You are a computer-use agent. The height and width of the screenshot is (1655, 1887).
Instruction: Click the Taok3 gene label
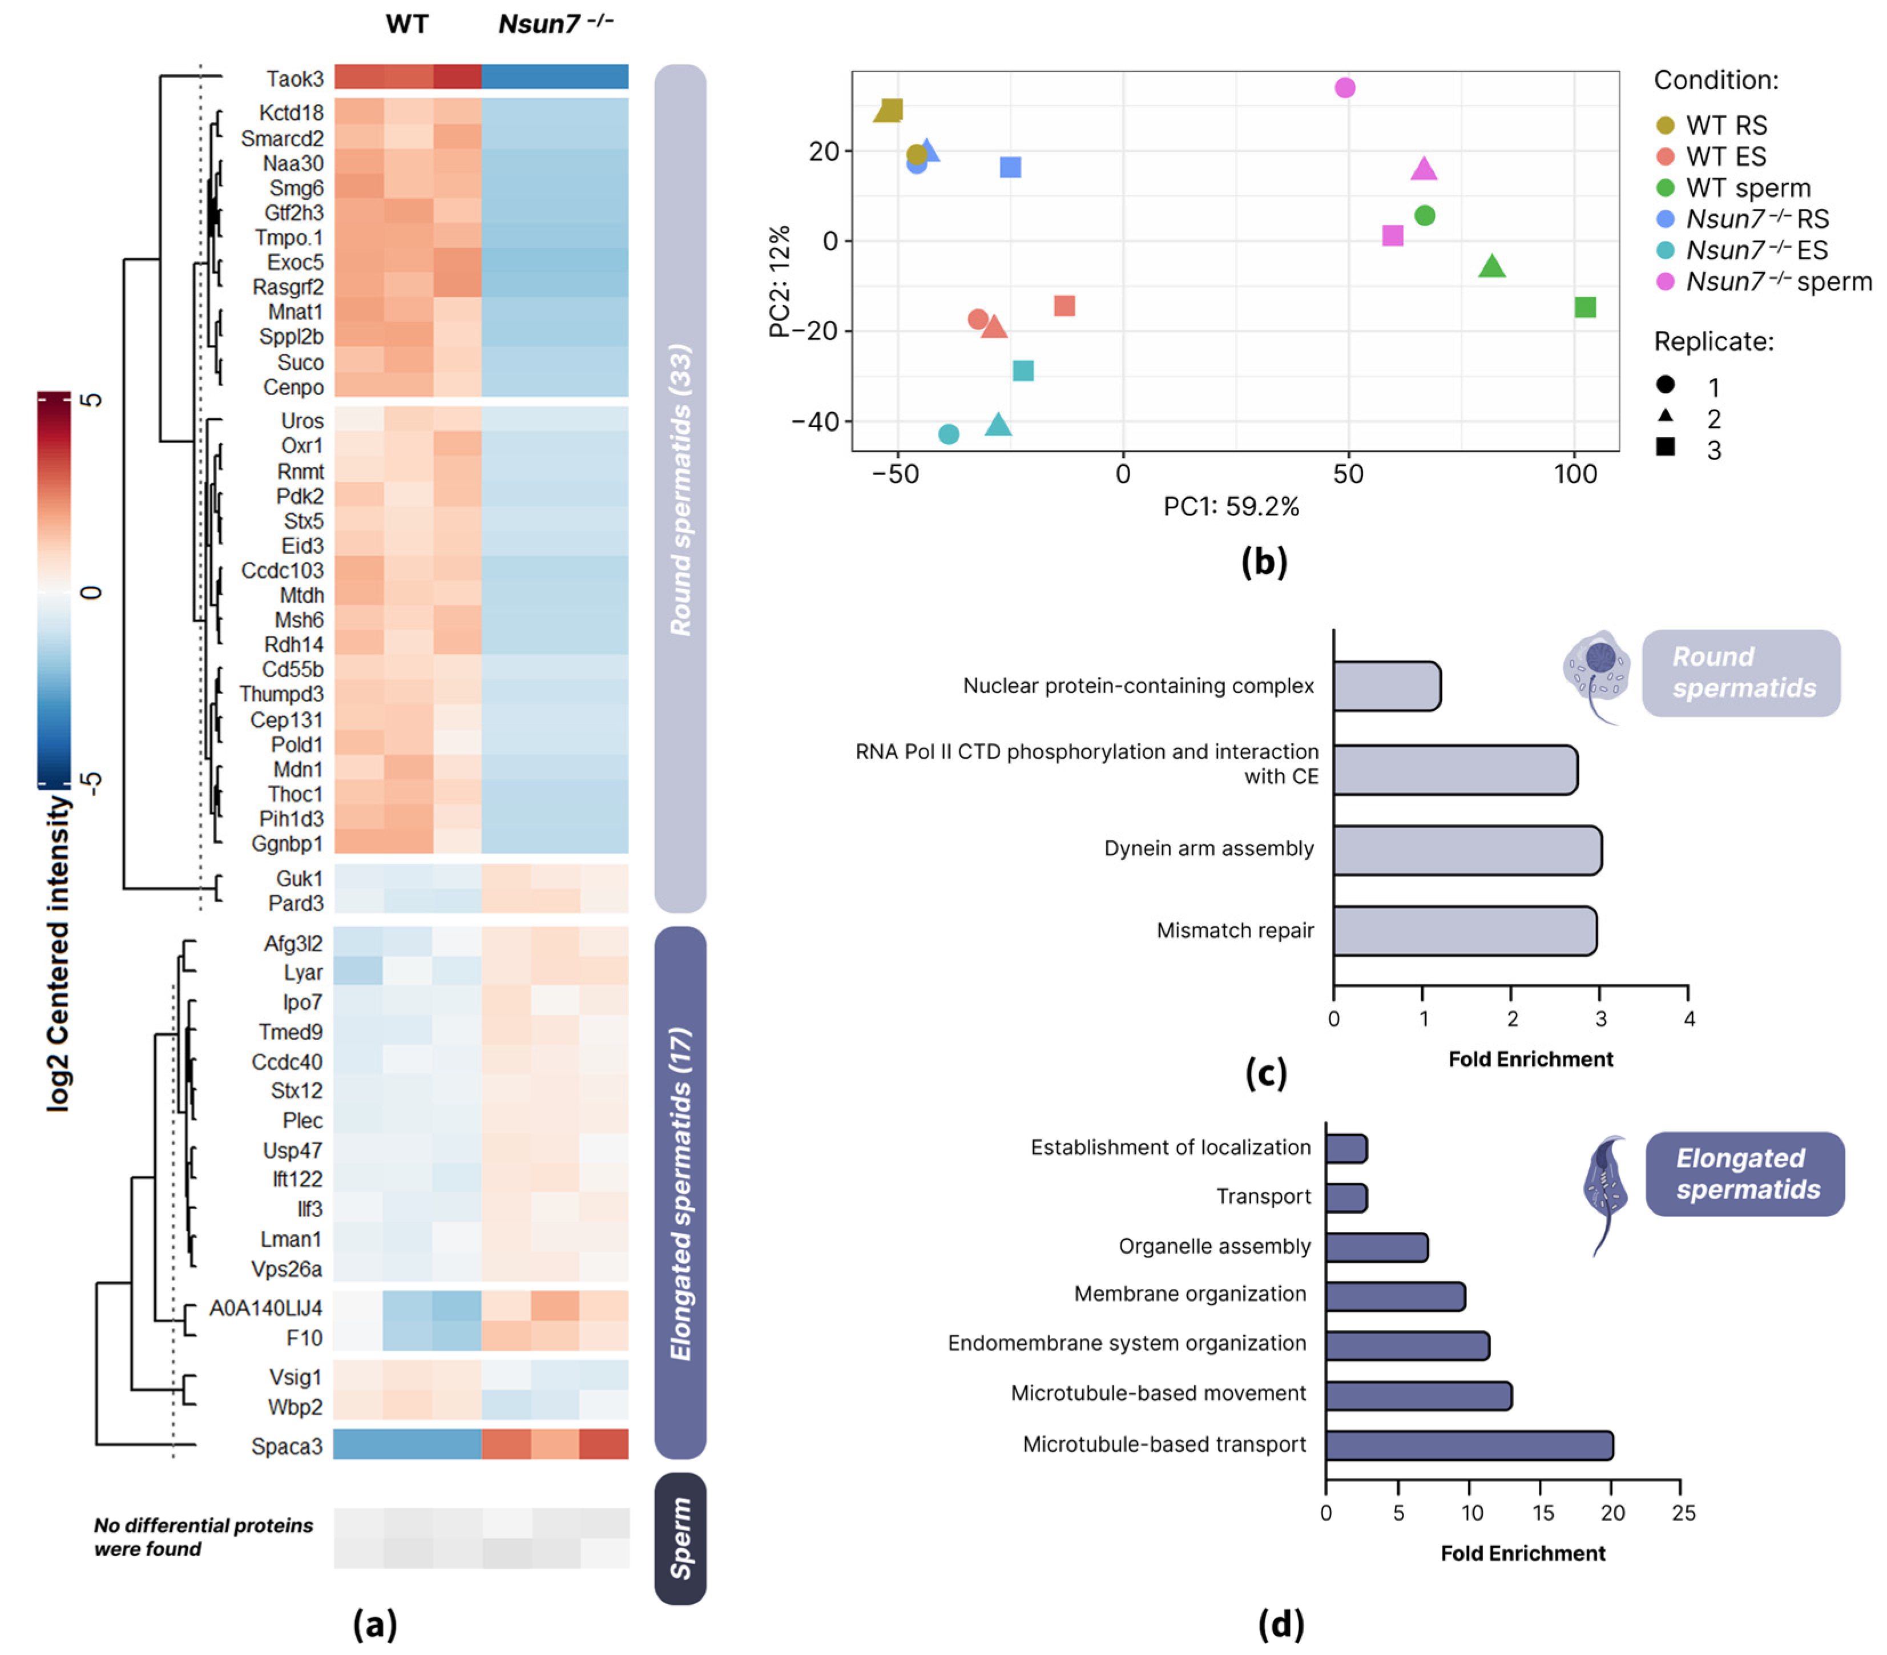pyautogui.click(x=295, y=79)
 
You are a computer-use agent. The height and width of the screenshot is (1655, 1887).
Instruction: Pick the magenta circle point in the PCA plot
pyautogui.click(x=1345, y=88)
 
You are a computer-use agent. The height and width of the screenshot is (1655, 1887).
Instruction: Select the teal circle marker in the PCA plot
pyautogui.click(x=948, y=434)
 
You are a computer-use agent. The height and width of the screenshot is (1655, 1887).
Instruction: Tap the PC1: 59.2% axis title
pyautogui.click(x=1231, y=506)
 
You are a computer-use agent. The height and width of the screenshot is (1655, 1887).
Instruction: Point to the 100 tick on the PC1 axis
pyautogui.click(x=1575, y=475)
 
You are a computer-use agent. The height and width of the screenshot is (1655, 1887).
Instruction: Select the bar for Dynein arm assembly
pyautogui.click(x=1467, y=849)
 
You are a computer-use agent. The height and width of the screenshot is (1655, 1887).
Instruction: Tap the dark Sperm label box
pyautogui.click(x=680, y=1538)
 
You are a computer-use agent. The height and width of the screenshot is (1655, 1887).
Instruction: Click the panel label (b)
pyautogui.click(x=1264, y=562)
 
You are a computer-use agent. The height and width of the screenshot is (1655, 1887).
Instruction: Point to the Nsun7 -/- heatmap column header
pyautogui.click(x=556, y=24)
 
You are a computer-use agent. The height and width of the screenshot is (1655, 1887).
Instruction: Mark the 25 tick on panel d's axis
pyautogui.click(x=1683, y=1513)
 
